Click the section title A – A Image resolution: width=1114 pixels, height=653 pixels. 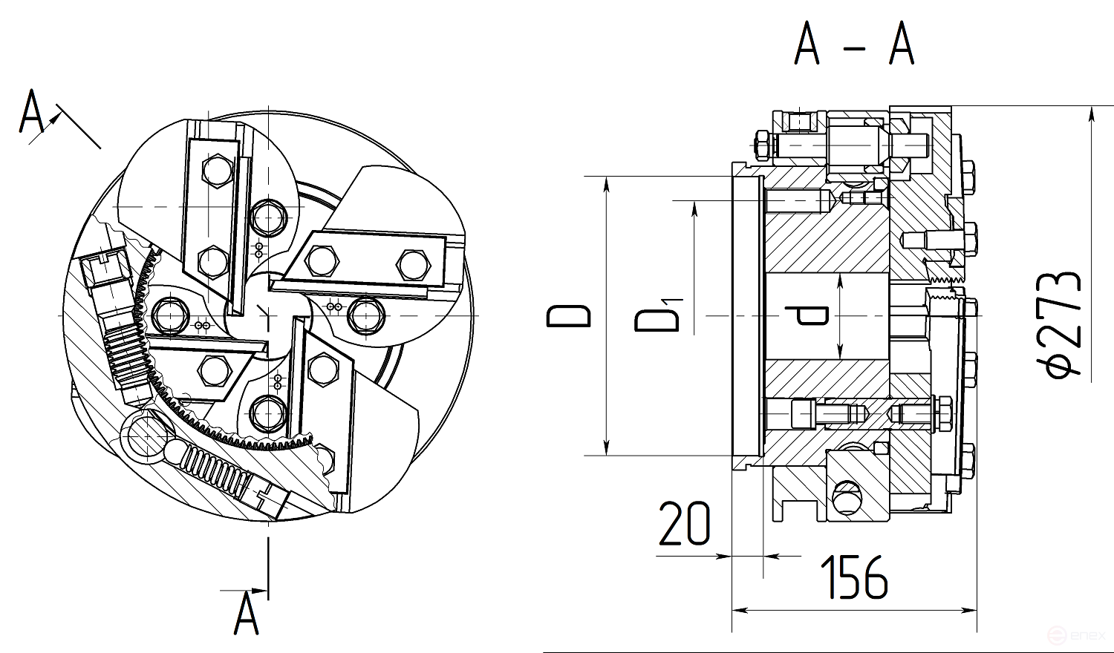[x=854, y=45]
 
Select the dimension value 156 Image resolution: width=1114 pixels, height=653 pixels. [x=853, y=577]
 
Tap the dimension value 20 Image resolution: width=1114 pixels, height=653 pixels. [x=684, y=523]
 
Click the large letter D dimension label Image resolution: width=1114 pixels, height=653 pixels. [x=568, y=316]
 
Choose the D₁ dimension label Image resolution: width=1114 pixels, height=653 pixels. [x=658, y=315]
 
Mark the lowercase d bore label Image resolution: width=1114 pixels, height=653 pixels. [x=807, y=315]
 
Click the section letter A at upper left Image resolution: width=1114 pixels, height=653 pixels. [x=31, y=111]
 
